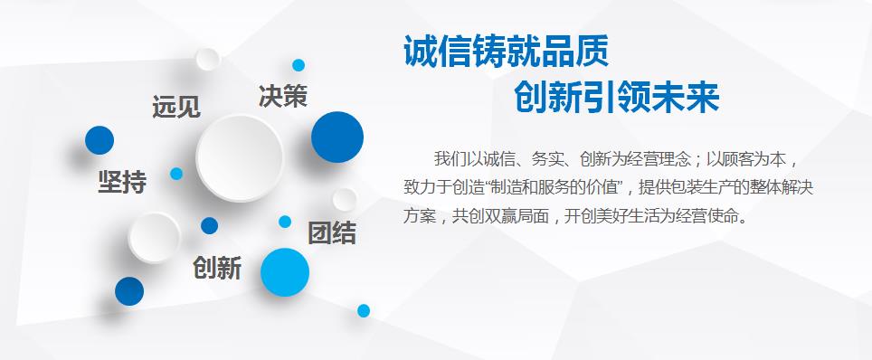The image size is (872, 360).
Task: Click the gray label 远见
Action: coord(176,107)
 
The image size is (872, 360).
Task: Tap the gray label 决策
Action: coord(283,96)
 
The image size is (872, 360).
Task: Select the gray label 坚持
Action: coord(122,182)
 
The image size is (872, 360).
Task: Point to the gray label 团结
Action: coord(332,233)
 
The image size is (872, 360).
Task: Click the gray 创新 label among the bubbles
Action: coord(217,269)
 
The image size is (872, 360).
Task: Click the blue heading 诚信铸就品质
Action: coord(506,52)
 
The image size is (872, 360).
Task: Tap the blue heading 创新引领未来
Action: coord(616,97)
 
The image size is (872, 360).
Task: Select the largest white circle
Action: coord(241,158)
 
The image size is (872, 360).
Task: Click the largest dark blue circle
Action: coord(337,137)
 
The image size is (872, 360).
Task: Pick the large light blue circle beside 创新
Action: coord(285,272)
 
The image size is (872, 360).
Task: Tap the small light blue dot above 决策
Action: coord(299,65)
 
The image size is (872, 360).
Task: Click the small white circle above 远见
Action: coord(208,59)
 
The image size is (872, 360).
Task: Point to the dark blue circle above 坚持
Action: coord(100,140)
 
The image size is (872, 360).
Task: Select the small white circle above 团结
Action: coord(345,199)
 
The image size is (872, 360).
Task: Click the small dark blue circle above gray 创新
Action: coord(209,225)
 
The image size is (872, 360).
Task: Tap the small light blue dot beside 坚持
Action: coord(176,174)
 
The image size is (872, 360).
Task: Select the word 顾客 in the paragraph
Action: coord(739,160)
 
